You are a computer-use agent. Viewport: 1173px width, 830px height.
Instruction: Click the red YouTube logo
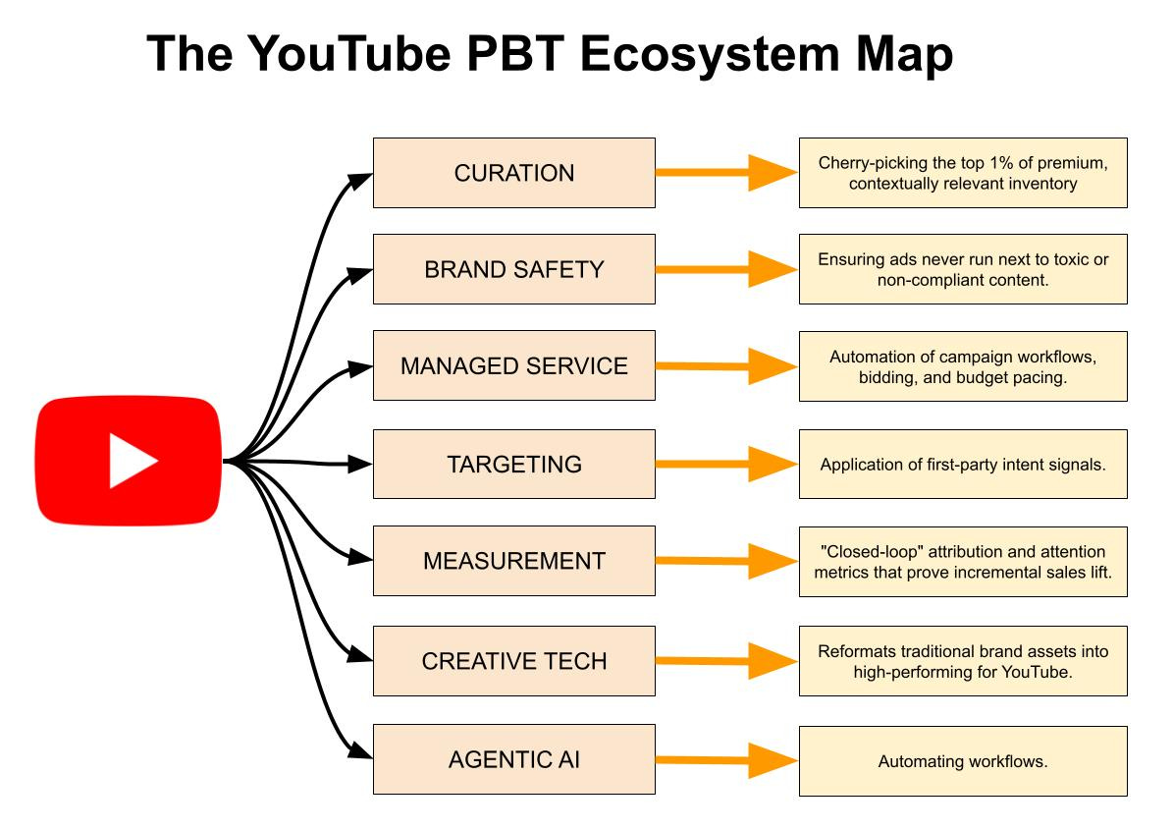coord(128,461)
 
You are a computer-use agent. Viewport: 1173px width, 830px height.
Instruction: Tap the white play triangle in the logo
coord(132,461)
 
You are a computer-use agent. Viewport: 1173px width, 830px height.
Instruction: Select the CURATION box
coord(513,173)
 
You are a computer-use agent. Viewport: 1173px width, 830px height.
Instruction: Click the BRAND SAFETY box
coord(513,269)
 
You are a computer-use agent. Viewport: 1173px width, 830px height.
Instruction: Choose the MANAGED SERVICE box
coord(513,365)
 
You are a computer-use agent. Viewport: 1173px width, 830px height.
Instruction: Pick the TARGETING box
coord(513,464)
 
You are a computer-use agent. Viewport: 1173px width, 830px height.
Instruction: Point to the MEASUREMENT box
coord(513,561)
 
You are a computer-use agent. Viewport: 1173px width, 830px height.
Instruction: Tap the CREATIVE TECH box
coord(513,661)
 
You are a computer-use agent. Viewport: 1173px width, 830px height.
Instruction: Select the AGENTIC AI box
coord(513,759)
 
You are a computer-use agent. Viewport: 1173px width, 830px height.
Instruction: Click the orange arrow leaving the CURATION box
coord(726,173)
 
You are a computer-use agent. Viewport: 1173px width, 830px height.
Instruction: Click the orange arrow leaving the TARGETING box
coord(726,464)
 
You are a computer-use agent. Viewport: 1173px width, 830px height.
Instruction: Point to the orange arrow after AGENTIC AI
coord(726,759)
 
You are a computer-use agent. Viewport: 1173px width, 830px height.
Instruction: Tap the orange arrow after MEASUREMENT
coord(726,562)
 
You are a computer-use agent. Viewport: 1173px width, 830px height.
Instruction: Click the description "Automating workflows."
coord(963,761)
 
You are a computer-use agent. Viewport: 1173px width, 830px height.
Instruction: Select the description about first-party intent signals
coord(963,464)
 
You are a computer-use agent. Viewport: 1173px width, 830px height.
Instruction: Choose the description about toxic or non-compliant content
coord(963,269)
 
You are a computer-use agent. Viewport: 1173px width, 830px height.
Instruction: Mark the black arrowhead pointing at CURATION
coord(363,176)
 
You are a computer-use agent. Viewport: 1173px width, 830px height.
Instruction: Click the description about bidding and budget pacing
coord(963,366)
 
